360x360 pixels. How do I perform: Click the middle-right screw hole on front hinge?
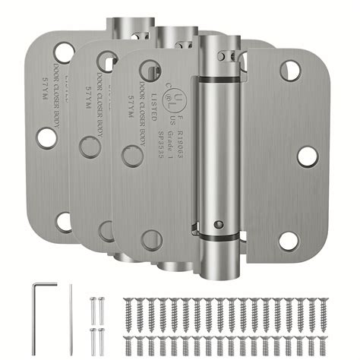pyautogui.click(x=307, y=156)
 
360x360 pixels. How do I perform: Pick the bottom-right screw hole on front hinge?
pyautogui.click(x=288, y=241)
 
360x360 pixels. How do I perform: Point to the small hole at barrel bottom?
pyautogui.click(x=217, y=226)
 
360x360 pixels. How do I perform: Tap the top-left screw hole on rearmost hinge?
pyautogui.click(x=64, y=53)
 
